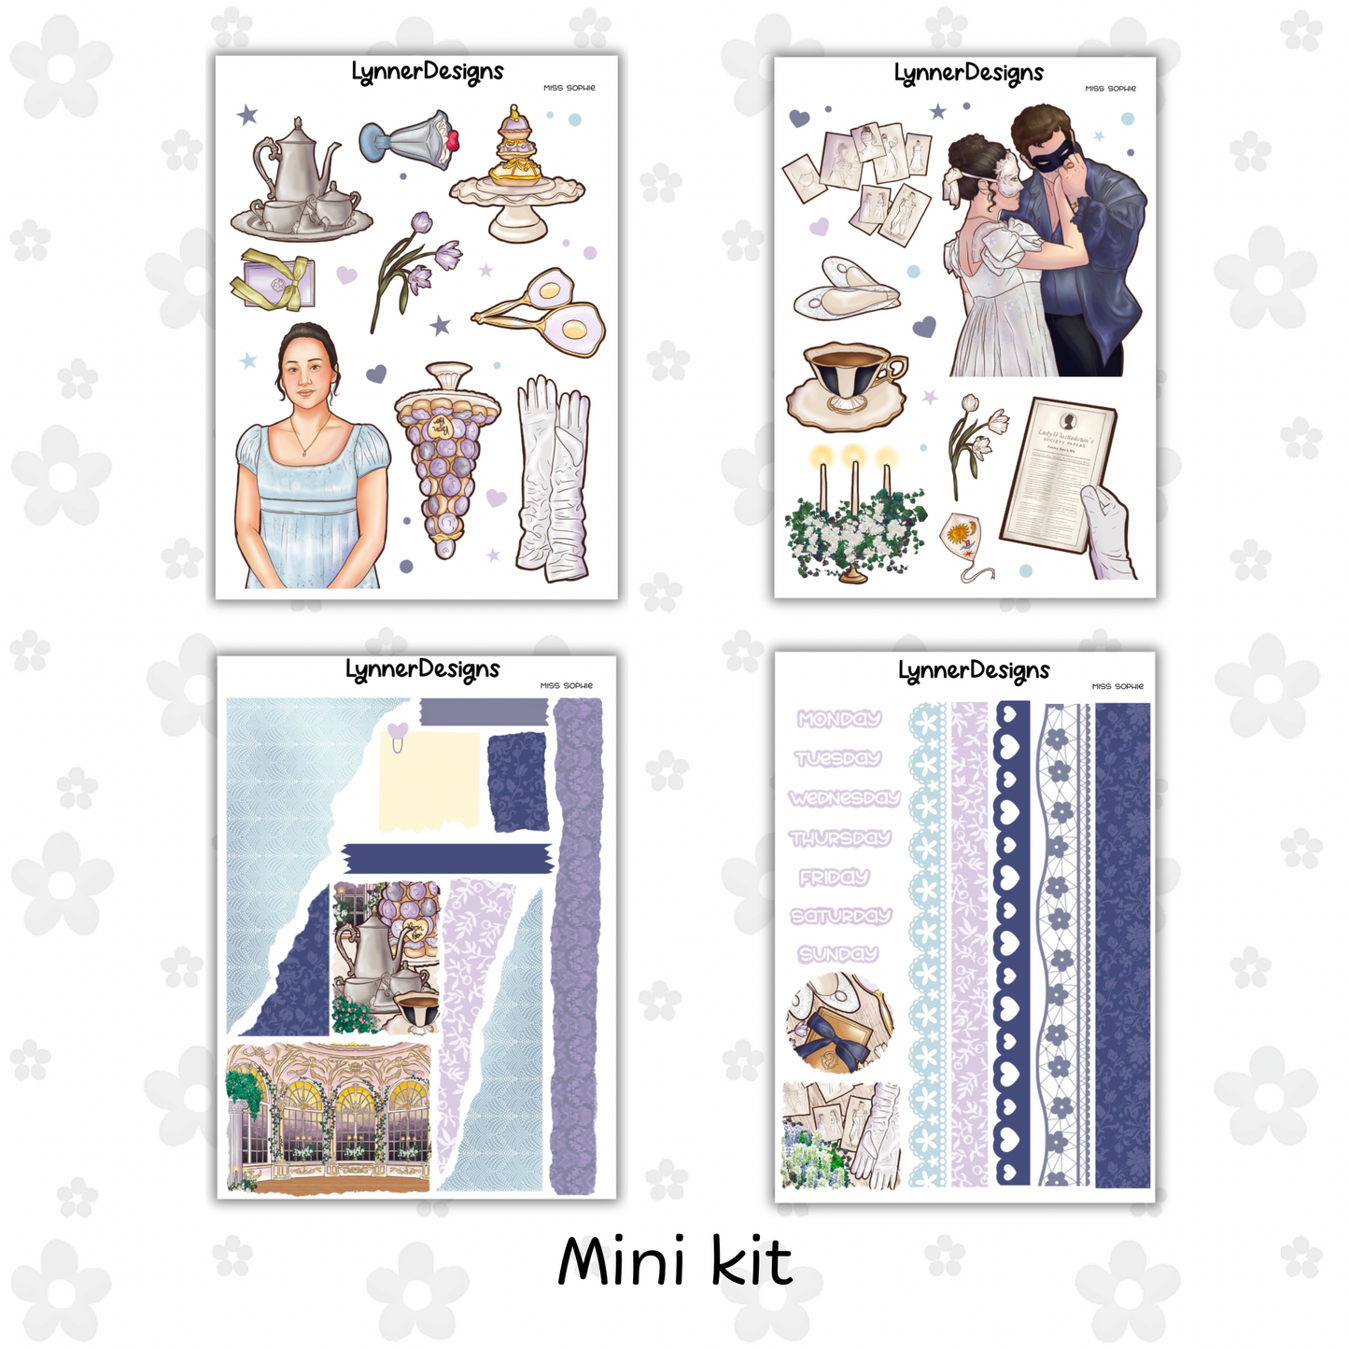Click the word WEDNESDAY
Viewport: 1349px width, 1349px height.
(844, 798)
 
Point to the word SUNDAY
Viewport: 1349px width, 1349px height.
(838, 954)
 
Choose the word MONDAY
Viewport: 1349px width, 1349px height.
(839, 719)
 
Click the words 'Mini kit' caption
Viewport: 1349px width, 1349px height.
(674, 1262)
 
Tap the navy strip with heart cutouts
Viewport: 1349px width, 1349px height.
(1013, 943)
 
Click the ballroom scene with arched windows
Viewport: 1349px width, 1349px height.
(329, 1117)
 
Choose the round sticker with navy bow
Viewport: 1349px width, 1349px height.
(839, 1022)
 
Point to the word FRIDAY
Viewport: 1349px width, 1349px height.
(834, 878)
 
